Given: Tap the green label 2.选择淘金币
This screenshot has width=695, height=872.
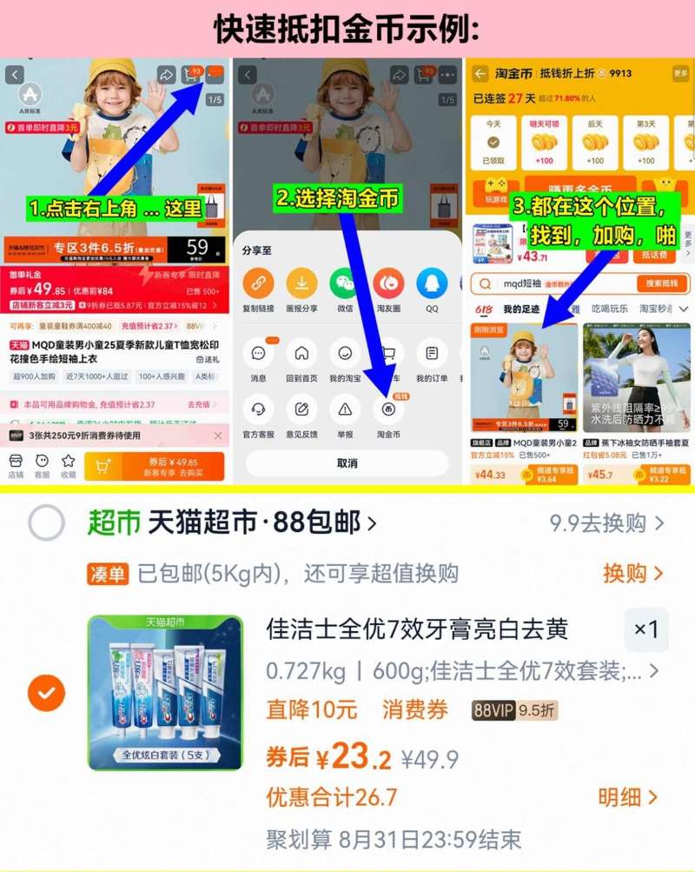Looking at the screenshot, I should point(339,199).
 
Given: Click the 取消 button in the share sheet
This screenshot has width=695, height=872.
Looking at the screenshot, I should point(347,463).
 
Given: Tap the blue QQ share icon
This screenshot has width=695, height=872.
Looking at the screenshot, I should point(432,283).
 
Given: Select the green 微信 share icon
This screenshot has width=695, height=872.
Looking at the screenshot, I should point(345,283).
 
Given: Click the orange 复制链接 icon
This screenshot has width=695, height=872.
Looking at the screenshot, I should point(258,283).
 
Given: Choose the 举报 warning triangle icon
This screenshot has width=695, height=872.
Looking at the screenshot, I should point(345,409).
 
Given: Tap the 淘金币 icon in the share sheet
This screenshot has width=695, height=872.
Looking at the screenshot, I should point(388,409).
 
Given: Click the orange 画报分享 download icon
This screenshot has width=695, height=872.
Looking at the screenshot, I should point(301,283).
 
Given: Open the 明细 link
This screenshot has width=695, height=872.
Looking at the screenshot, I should point(627,797).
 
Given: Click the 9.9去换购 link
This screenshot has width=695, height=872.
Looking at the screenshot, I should point(606,523).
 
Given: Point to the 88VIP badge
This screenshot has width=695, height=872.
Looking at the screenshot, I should point(493,710).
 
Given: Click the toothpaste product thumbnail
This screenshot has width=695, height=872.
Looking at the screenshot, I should point(165,693).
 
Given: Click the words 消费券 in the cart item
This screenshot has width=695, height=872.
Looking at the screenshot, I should point(415,710).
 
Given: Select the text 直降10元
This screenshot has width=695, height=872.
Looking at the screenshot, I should point(312,710).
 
